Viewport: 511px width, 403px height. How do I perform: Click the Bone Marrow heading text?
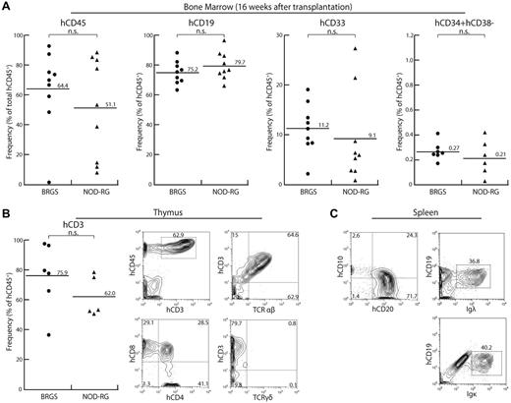[x=255, y=7]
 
